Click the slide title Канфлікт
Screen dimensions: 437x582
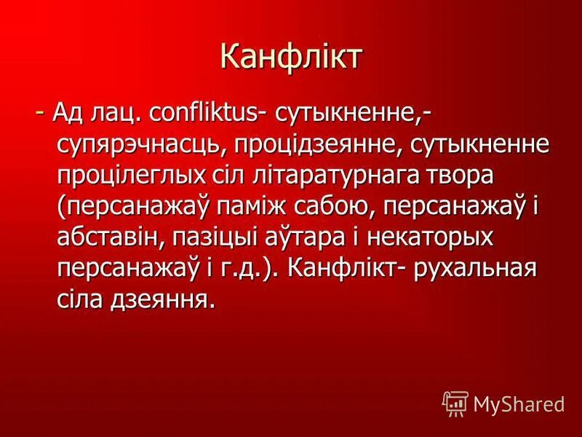(x=290, y=57)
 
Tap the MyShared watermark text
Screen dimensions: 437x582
(x=519, y=403)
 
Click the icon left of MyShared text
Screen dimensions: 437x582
(x=455, y=402)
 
